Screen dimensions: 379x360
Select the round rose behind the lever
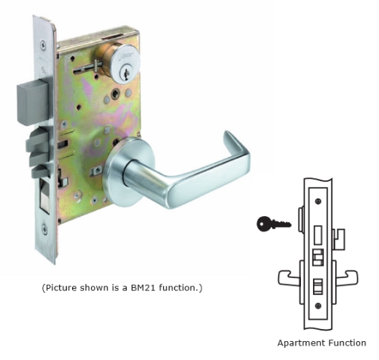point(127,173)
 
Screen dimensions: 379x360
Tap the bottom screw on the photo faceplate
point(45,229)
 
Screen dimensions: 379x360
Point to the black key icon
point(274,224)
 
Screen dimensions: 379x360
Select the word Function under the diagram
point(347,343)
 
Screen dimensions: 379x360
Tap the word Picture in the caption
point(61,288)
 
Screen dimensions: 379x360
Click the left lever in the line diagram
point(290,277)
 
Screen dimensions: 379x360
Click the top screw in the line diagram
point(318,202)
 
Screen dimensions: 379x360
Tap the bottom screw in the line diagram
point(318,306)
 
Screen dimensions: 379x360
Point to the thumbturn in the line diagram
point(339,239)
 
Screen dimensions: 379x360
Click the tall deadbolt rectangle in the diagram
point(318,235)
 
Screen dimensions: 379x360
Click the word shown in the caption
point(94,288)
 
